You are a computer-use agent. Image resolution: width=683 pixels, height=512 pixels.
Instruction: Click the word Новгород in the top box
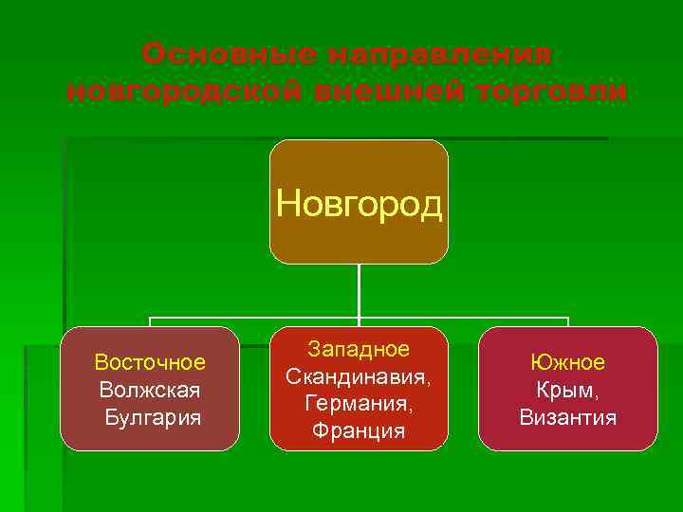click(359, 203)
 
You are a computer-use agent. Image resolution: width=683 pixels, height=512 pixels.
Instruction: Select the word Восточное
click(150, 362)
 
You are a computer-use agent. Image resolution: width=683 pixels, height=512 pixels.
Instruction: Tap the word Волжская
click(150, 389)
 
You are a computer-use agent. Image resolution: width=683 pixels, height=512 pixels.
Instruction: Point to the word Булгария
click(152, 416)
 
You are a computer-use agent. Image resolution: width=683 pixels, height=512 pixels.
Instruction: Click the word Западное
click(359, 349)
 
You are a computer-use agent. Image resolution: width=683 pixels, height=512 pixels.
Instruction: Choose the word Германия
click(359, 403)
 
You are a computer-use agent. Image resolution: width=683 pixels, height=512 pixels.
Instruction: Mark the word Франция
click(359, 430)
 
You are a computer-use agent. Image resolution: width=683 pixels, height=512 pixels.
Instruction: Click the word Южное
click(567, 362)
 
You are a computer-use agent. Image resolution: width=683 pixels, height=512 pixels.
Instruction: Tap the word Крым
click(567, 389)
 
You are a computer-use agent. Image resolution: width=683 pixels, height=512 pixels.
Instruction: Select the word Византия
click(567, 416)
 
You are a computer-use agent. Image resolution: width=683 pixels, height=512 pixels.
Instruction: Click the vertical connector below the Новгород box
click(359, 289)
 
